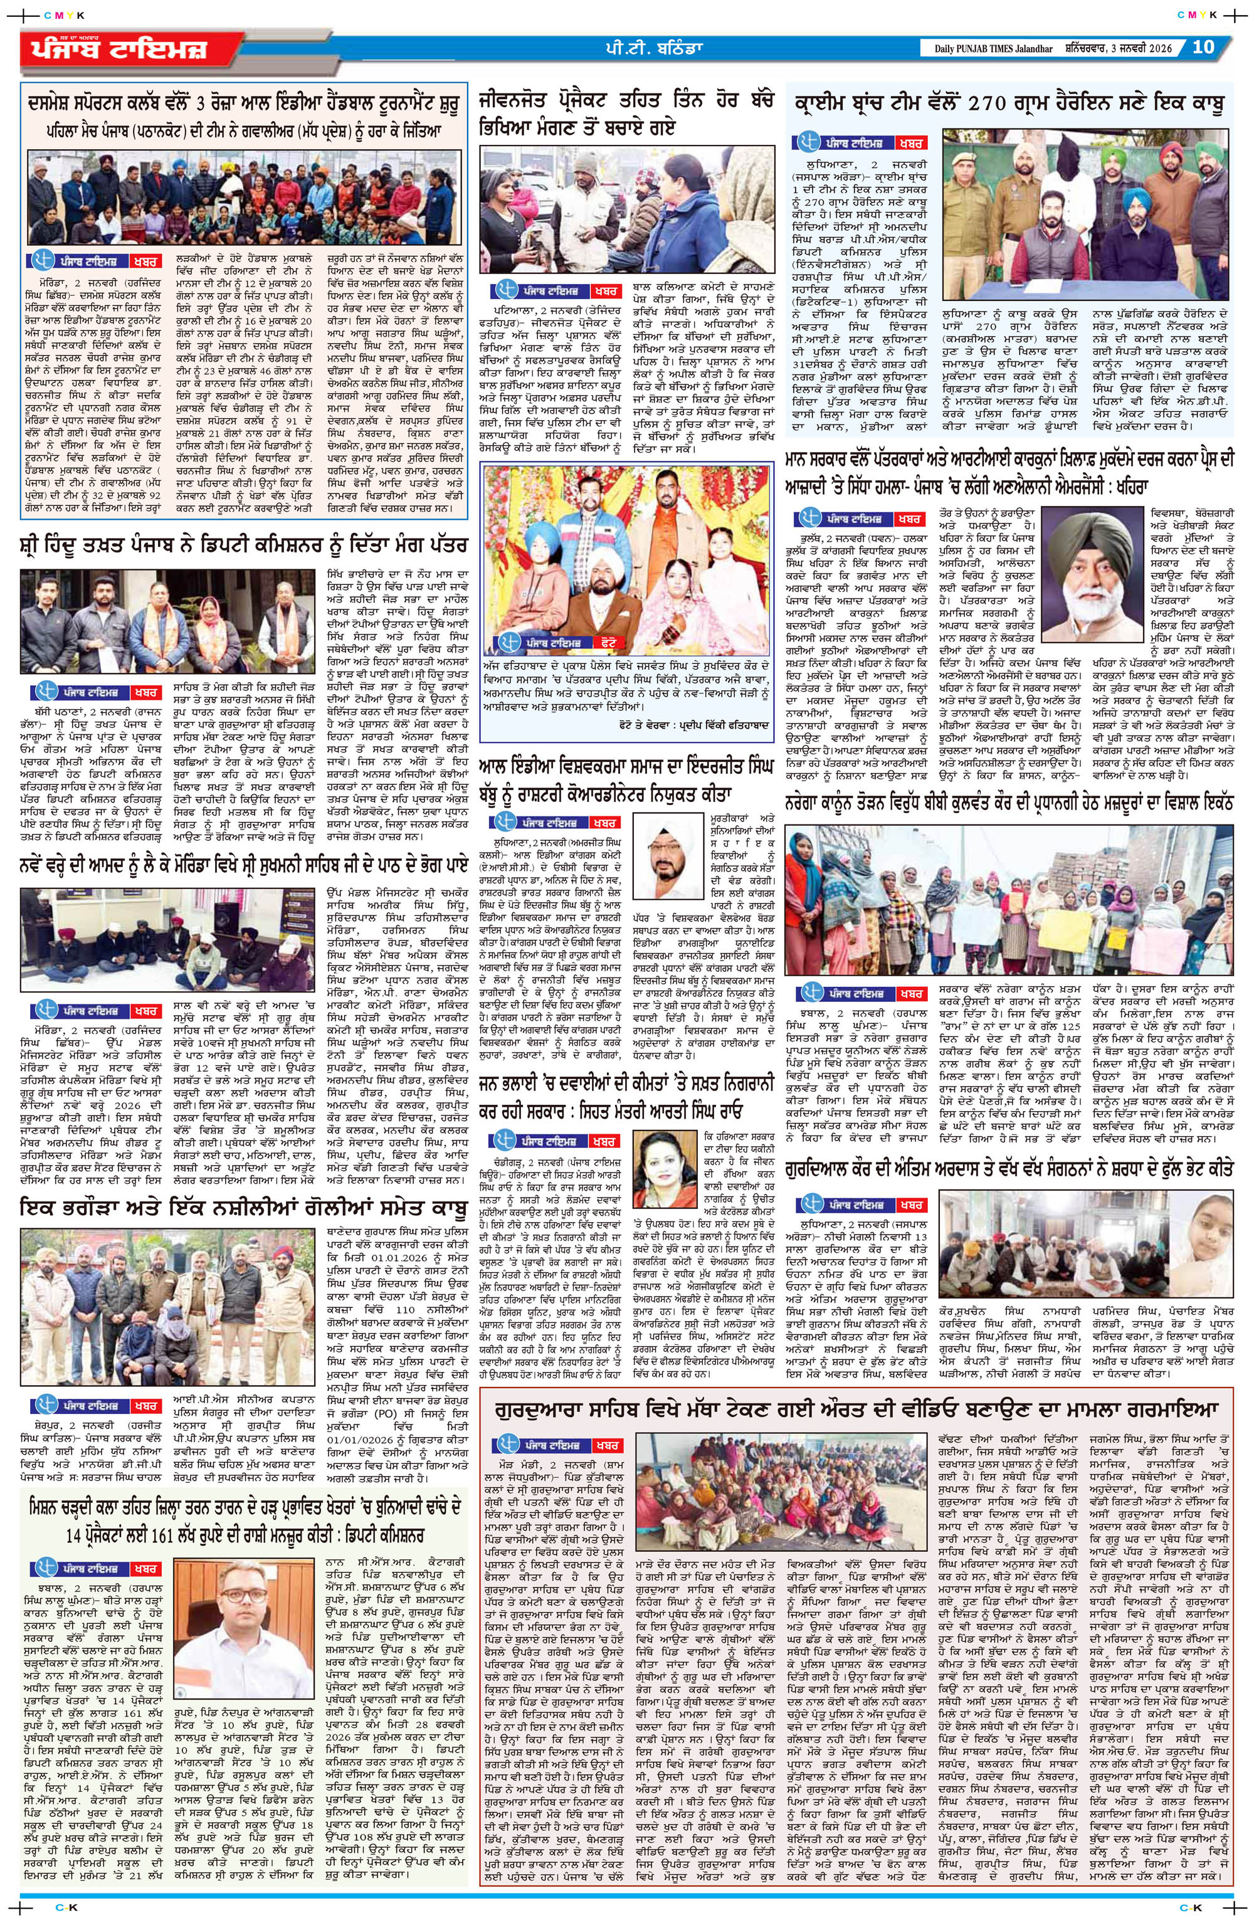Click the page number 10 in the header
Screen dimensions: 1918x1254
tap(1203, 47)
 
